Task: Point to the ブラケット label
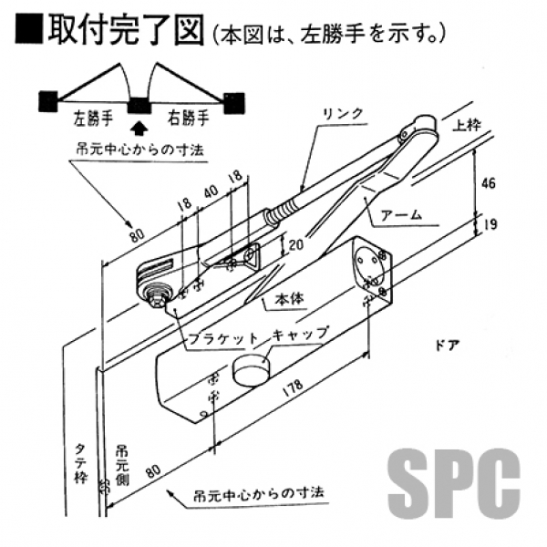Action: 215,335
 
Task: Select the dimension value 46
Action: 490,183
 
